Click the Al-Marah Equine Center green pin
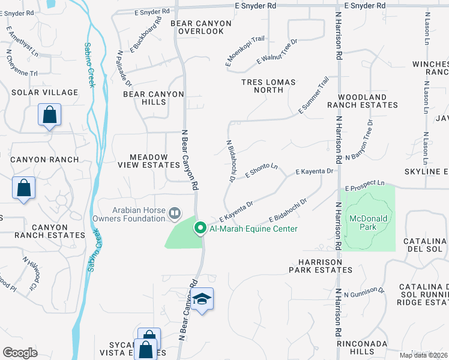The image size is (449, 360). (x=200, y=228)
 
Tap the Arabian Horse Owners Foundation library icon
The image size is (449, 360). (x=175, y=212)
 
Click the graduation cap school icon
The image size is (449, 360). (x=203, y=299)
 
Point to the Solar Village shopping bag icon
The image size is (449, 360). (x=49, y=114)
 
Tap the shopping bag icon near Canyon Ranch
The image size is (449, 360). (x=23, y=188)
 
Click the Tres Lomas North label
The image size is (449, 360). (x=262, y=86)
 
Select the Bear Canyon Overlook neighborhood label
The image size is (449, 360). (x=201, y=27)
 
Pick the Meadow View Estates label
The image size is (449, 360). (x=148, y=161)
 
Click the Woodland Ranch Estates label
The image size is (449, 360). (x=362, y=101)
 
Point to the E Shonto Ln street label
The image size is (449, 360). (x=262, y=171)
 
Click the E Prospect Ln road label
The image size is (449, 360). (x=365, y=185)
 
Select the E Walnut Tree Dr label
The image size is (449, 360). (x=277, y=52)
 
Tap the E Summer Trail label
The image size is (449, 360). (x=314, y=96)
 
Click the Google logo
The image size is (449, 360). (x=20, y=353)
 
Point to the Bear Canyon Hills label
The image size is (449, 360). (x=145, y=98)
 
